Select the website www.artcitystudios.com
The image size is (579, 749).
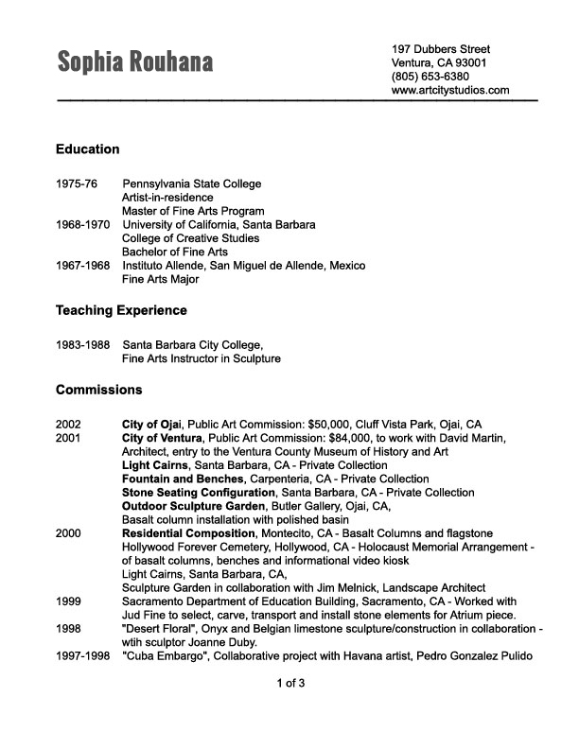(x=450, y=91)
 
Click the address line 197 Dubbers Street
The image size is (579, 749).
(x=441, y=48)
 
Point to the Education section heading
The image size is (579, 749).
(x=88, y=149)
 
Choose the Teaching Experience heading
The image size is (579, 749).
(x=121, y=310)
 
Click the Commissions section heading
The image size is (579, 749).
(x=99, y=390)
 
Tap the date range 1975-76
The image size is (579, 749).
(x=77, y=183)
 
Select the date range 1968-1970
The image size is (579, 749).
(x=83, y=225)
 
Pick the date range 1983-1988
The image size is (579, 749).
(x=83, y=345)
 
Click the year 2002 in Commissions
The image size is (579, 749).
(x=69, y=425)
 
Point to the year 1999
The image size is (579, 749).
(x=69, y=601)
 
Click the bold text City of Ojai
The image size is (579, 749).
(x=152, y=425)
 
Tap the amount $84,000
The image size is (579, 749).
(x=349, y=438)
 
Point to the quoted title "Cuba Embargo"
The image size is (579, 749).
(x=167, y=656)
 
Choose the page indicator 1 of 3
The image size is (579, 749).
(x=290, y=683)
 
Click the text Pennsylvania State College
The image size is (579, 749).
(x=192, y=183)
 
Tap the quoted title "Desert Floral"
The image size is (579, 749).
(x=163, y=629)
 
